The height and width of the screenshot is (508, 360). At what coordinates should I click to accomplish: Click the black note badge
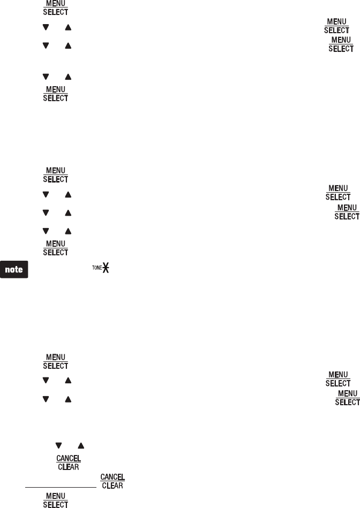[x=14, y=269]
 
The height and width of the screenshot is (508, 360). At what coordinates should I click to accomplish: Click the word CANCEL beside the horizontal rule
[x=112, y=477]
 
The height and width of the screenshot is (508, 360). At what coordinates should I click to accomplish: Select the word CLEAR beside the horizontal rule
[x=112, y=486]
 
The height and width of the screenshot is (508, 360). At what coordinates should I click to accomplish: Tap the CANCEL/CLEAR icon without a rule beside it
[x=69, y=462]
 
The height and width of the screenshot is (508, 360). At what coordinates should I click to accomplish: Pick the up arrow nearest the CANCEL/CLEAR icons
[x=80, y=445]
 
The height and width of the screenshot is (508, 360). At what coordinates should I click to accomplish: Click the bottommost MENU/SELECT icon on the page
[x=56, y=501]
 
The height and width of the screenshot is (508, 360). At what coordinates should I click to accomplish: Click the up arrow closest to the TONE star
[x=68, y=231]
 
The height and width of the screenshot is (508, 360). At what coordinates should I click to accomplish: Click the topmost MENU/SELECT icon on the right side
[x=336, y=25]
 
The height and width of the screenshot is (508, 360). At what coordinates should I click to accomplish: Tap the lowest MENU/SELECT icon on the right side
[x=347, y=398]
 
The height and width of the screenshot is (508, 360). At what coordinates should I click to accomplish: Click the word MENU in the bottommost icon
[x=56, y=496]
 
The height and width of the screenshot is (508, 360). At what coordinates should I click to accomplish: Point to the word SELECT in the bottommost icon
[x=56, y=505]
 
